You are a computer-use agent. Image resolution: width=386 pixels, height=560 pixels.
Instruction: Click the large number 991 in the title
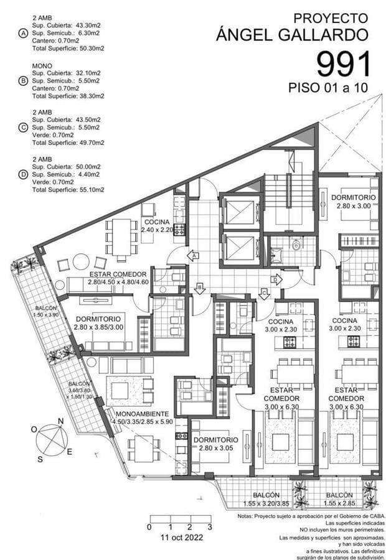pyautogui.click(x=344, y=64)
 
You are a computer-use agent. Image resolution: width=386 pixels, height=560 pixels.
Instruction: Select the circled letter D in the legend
pyautogui.click(x=23, y=175)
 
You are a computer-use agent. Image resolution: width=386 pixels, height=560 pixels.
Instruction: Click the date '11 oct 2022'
pyautogui.click(x=180, y=536)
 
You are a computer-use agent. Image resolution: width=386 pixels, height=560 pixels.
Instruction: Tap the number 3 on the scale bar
pyautogui.click(x=210, y=527)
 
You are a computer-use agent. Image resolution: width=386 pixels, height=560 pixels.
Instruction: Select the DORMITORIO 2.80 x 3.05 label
pyautogui.click(x=216, y=443)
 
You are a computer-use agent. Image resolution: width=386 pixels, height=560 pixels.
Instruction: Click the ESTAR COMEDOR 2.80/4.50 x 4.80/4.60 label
pyautogui.click(x=118, y=278)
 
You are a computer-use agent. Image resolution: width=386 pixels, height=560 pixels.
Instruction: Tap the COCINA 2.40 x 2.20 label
pyautogui.click(x=158, y=226)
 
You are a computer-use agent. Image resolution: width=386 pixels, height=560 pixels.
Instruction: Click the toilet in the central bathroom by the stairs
pyautogui.click(x=296, y=246)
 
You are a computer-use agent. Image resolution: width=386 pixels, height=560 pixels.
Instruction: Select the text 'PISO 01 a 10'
pyautogui.click(x=328, y=88)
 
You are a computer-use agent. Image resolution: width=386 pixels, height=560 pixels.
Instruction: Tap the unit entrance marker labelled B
pyautogui.click(x=199, y=287)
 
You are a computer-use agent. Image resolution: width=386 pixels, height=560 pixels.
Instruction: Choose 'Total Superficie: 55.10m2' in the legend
pyautogui.click(x=68, y=189)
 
